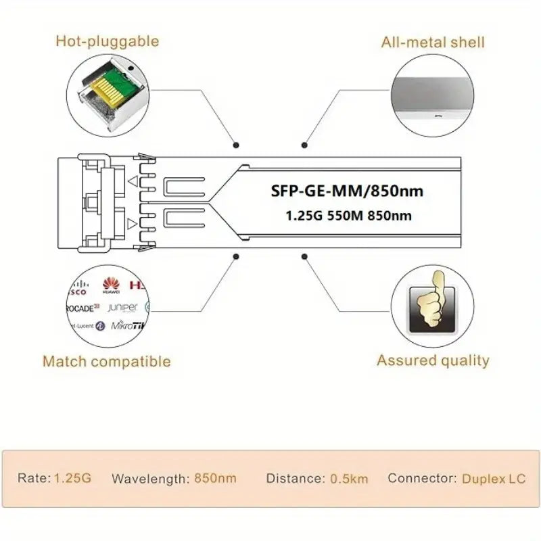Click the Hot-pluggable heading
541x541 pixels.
coord(107,41)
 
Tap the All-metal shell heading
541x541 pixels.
coord(433,42)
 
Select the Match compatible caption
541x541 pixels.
coord(107,361)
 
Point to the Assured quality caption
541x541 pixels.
coord(433,360)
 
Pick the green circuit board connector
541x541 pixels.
coord(112,87)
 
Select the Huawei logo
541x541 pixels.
coord(111,287)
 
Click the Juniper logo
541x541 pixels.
coord(122,308)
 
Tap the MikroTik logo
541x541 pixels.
coord(128,326)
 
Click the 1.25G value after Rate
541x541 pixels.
coord(73,478)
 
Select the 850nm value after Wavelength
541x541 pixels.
coord(215,478)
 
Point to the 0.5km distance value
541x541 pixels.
coord(349,479)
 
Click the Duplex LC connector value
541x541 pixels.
coord(494,479)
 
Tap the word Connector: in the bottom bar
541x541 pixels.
coord(422,478)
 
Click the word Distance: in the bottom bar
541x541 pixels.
coord(294,478)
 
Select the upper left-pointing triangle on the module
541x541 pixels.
coord(134,181)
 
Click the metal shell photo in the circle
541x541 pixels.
coord(433,95)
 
